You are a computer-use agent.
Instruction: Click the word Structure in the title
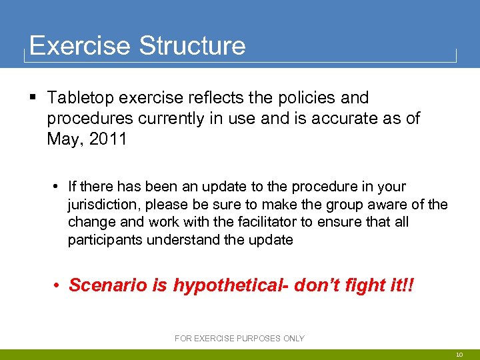coord(192,46)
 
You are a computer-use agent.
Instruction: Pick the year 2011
coord(105,141)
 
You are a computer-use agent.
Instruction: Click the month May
coord(63,141)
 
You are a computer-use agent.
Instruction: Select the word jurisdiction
coord(103,205)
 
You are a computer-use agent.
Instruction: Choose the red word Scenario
coord(104,285)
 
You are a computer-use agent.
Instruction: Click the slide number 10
coord(460,355)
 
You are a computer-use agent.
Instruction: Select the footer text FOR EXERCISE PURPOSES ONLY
coord(239,339)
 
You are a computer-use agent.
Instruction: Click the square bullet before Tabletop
coord(33,98)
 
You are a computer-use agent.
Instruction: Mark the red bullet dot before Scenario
coord(59,285)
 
